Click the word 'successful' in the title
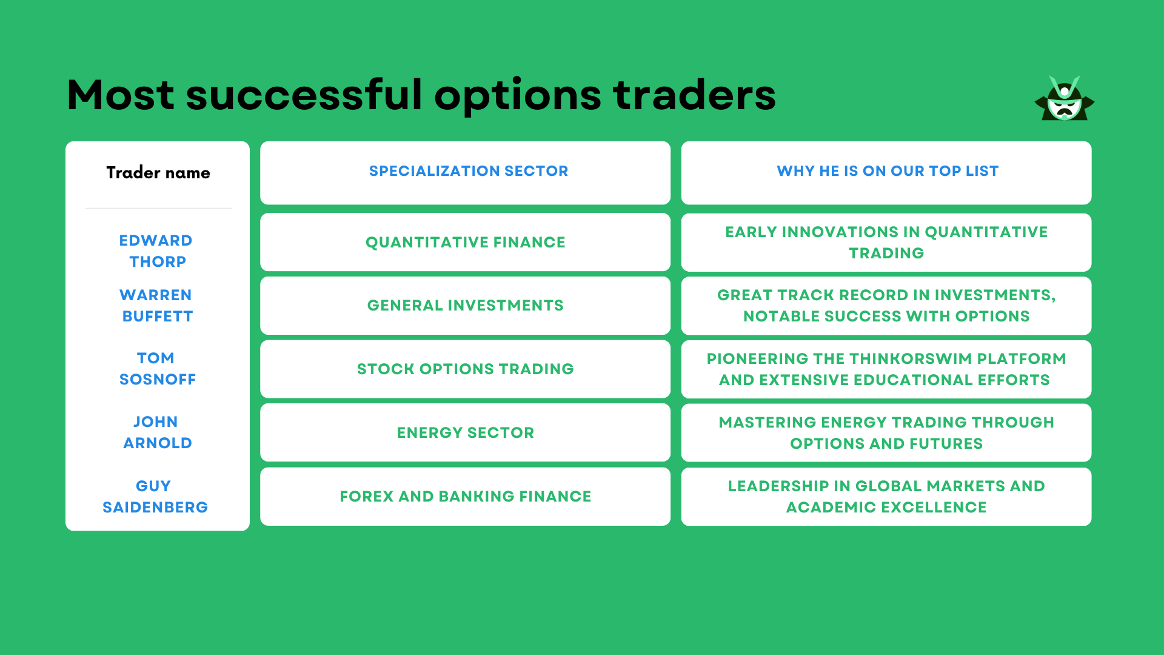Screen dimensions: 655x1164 tap(304, 95)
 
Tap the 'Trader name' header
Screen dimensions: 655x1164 tap(158, 173)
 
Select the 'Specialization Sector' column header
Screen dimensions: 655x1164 tap(468, 171)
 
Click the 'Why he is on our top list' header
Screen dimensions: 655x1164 tap(887, 171)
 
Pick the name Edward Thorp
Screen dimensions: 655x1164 tap(156, 251)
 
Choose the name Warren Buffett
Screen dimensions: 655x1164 tap(156, 306)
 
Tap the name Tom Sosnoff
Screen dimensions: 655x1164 tap(156, 369)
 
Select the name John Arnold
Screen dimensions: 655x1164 tap(156, 432)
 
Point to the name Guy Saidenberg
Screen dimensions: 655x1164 tap(155, 497)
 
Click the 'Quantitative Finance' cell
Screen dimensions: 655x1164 tap(465, 243)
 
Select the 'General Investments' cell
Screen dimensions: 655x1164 tap(465, 306)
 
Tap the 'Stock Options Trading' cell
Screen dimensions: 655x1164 tap(465, 369)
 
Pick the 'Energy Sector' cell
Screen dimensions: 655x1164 tap(465, 433)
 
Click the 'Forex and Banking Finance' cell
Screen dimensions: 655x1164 tap(465, 497)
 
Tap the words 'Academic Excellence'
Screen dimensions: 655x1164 tap(886, 508)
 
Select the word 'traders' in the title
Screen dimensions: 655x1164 tap(694, 95)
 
